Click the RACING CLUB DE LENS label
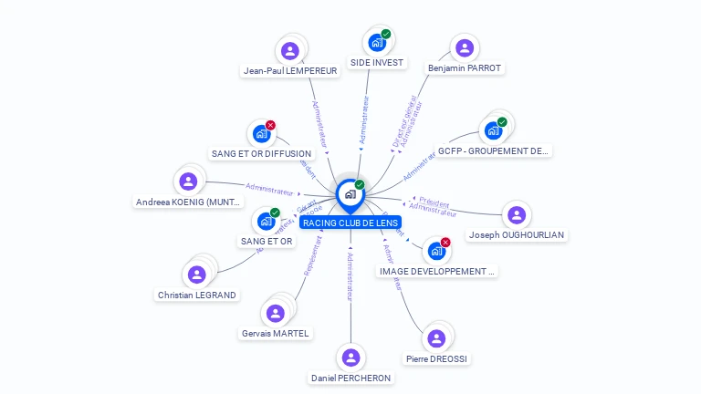pos(350,223)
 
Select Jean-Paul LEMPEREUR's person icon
pos(290,50)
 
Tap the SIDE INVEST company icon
pos(376,42)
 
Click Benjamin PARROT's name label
pos(465,68)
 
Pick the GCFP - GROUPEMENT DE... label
pos(493,151)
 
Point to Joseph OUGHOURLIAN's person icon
pos(517,215)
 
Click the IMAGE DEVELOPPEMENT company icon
pos(436,251)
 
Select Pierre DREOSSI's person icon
pos(436,338)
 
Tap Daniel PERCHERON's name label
pos(350,378)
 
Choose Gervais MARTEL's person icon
pos(275,313)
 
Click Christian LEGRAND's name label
pos(197,295)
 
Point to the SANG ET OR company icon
pos(266,221)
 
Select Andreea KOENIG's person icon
pos(188,181)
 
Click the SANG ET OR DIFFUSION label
pos(261,154)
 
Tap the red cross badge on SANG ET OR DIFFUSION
pos(270,125)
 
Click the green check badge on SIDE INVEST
pos(385,34)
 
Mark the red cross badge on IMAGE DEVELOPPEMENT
pos(445,243)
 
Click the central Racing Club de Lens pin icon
pos(350,194)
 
